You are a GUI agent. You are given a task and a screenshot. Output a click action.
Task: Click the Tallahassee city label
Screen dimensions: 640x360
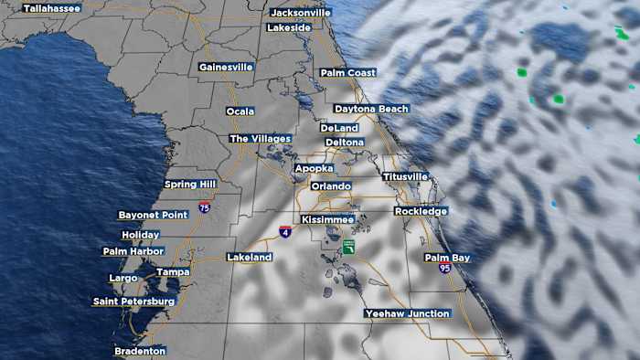[x=52, y=8]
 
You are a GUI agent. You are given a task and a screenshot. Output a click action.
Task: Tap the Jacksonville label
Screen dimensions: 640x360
[x=301, y=13]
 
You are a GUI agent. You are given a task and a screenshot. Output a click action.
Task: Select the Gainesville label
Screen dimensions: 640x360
[x=226, y=67]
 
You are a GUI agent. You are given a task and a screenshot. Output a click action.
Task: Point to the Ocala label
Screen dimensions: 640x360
[x=240, y=111]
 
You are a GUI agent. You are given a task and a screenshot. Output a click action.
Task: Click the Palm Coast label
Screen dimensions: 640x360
[x=348, y=72]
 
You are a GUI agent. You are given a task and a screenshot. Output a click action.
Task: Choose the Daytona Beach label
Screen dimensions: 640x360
[x=371, y=109]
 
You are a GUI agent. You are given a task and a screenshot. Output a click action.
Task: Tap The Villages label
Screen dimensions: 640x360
[x=260, y=139]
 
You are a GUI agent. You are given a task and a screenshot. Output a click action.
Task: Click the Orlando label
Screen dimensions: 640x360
[x=331, y=186]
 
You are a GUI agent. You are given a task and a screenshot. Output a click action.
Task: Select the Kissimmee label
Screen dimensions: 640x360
[x=327, y=220]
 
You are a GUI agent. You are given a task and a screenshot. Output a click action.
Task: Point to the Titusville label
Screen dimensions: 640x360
[x=405, y=176]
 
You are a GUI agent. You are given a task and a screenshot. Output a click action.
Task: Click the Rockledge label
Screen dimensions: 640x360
[x=421, y=211]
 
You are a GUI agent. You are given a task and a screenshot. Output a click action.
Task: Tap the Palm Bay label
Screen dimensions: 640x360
[x=447, y=258]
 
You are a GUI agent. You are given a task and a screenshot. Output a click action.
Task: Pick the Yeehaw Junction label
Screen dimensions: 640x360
[x=408, y=313]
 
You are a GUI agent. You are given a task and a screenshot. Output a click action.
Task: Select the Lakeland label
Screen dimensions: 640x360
[x=250, y=258]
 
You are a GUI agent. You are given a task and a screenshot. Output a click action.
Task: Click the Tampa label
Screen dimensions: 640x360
[x=173, y=272]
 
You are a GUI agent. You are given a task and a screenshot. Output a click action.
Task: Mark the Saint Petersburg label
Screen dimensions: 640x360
[x=133, y=302]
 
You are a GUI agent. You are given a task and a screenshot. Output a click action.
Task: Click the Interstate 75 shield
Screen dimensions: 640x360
[x=204, y=208]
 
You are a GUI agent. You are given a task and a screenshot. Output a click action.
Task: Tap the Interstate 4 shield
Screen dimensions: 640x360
[x=286, y=233]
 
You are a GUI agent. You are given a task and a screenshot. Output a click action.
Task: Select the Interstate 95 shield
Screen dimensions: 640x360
[x=444, y=269]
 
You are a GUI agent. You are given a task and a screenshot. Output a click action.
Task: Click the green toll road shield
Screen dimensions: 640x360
[x=348, y=248]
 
